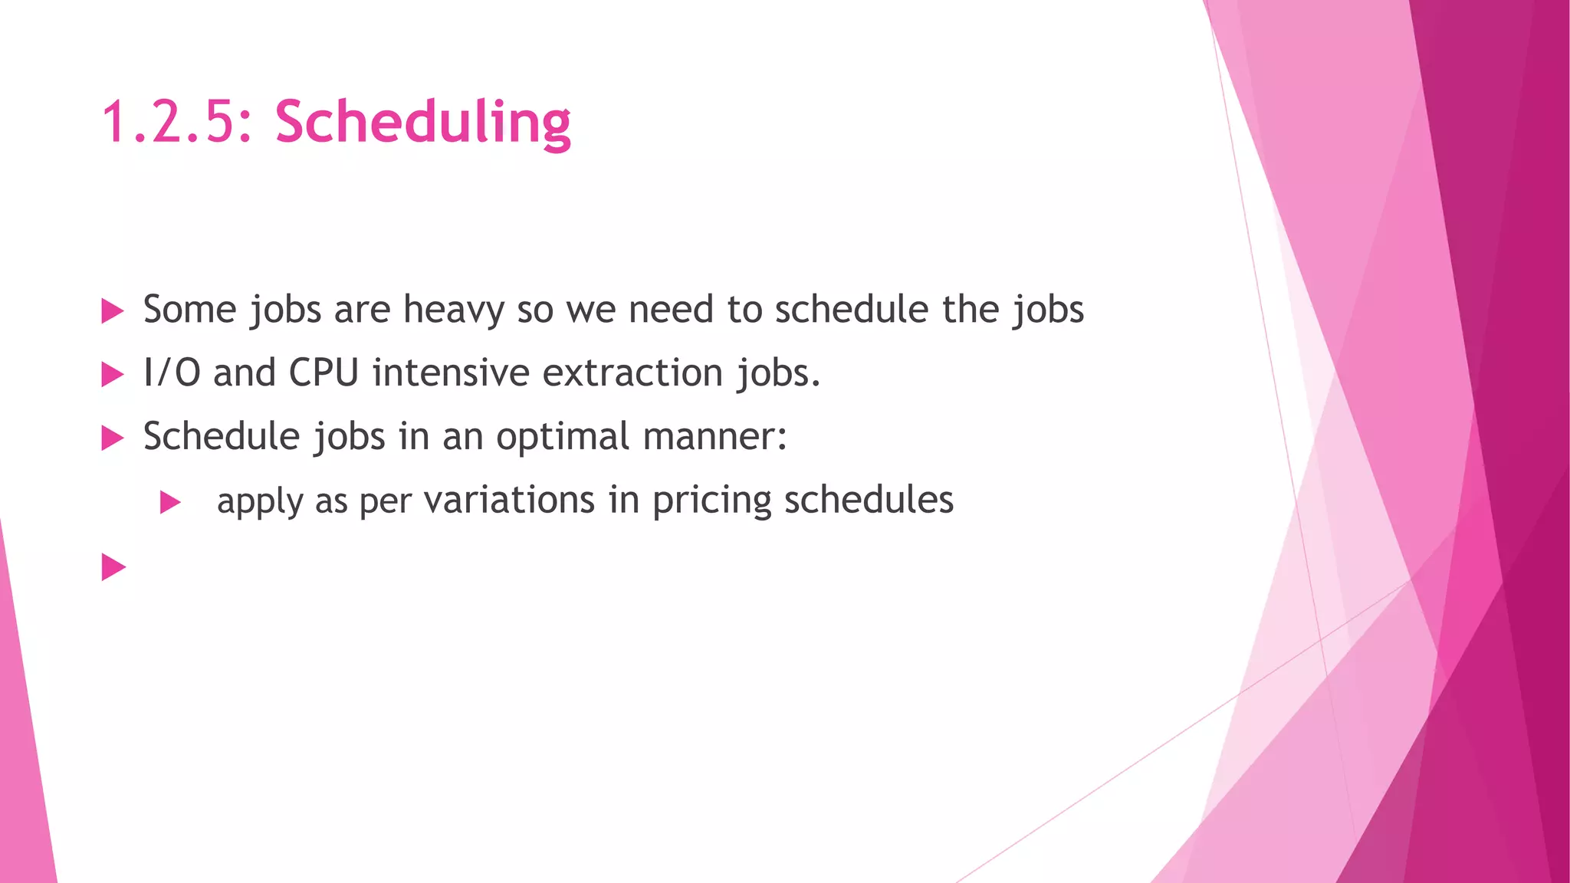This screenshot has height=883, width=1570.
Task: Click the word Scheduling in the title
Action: pyautogui.click(x=422, y=123)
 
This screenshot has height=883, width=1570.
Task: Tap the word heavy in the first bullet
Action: pyautogui.click(x=453, y=310)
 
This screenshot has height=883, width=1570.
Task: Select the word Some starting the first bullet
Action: pyautogui.click(x=189, y=310)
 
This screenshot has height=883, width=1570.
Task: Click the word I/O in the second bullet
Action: pyautogui.click(x=172, y=373)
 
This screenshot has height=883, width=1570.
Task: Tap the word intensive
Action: pyautogui.click(x=451, y=373)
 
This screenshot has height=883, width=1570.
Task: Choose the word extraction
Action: pyautogui.click(x=632, y=373)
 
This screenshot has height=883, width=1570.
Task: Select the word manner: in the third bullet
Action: pyautogui.click(x=714, y=437)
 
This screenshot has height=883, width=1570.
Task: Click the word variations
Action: pyautogui.click(x=509, y=501)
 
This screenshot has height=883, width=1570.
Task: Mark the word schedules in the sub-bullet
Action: pyautogui.click(x=869, y=501)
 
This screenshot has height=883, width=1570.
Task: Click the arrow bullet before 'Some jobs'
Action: pyautogui.click(x=113, y=311)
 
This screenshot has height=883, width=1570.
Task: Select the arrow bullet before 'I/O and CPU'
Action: pyautogui.click(x=113, y=375)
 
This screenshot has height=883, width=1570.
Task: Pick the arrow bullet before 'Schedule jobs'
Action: pyautogui.click(x=113, y=438)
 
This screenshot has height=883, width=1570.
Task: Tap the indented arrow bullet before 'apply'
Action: pyautogui.click(x=170, y=503)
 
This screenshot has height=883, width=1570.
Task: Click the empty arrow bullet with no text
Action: pyautogui.click(x=113, y=567)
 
